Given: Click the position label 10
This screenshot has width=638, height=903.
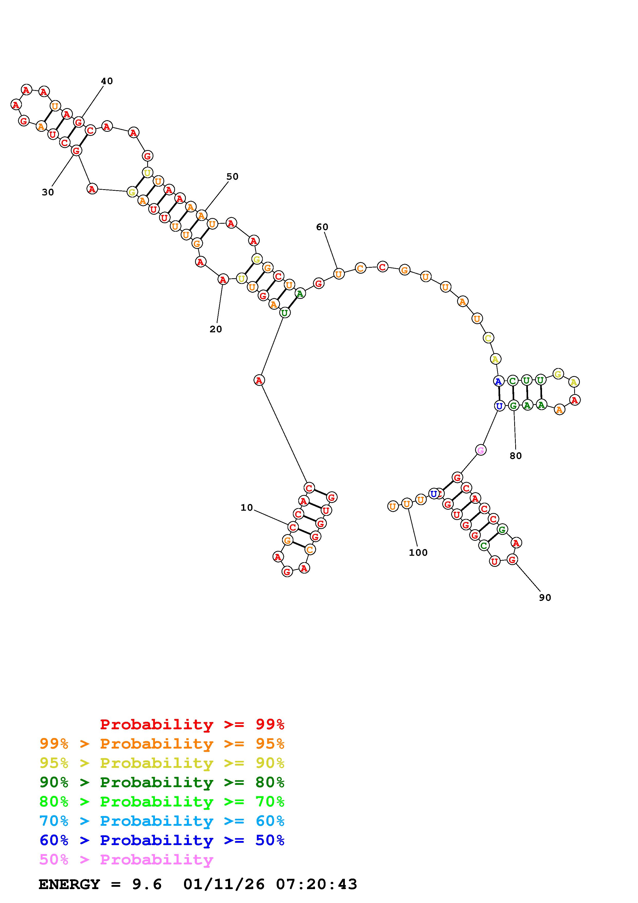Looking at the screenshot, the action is pos(247,508).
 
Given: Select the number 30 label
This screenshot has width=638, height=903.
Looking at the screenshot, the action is pos(48,192).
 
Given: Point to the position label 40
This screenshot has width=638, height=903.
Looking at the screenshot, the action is pos(107,81).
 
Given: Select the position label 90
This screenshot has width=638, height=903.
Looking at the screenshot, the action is pos(545,597).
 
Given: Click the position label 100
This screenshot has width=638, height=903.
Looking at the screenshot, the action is pos(418,553).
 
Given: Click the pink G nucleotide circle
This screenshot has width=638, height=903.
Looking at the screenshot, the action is pos(480,450).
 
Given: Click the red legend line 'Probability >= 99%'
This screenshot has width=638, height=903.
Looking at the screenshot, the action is pos(192,724).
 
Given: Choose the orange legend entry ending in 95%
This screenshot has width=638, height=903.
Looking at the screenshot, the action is pos(162,744).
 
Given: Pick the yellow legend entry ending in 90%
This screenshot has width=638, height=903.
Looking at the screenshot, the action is pos(162,763).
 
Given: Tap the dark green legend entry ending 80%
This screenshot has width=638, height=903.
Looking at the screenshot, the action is pos(162,782).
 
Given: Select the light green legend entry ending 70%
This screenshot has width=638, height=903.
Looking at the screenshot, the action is pos(162,802).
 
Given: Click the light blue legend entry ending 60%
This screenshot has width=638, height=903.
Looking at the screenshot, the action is pos(162,821).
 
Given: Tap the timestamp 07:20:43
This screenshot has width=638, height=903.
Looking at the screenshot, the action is pos(317,884).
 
